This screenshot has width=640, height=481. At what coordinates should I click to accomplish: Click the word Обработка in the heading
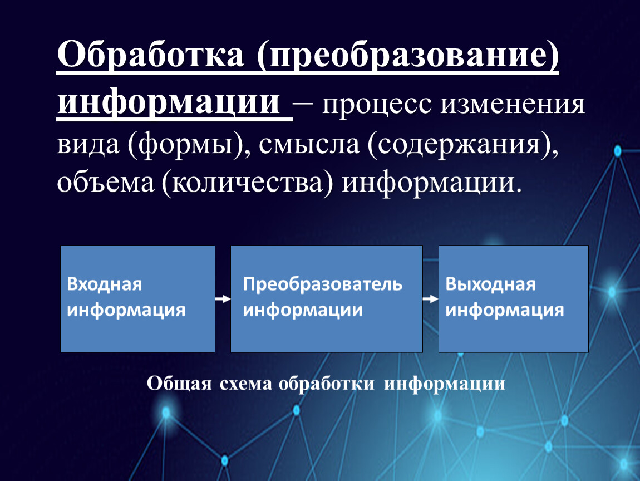(x=151, y=54)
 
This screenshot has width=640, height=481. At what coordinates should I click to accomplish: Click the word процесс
(x=377, y=105)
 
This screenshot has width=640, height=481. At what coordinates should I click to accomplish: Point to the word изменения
(x=513, y=105)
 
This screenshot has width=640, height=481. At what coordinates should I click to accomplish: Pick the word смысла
(x=309, y=145)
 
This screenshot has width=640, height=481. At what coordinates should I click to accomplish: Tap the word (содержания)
(x=462, y=145)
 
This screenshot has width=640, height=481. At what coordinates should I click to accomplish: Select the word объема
(x=106, y=183)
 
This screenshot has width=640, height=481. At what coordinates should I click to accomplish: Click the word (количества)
(x=247, y=183)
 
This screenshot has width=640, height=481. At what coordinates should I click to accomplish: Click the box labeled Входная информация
(x=137, y=299)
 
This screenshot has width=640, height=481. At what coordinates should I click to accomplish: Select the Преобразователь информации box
(x=327, y=299)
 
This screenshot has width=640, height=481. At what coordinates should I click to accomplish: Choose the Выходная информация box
(x=514, y=299)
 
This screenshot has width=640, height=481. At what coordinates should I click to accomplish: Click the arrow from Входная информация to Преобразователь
(x=223, y=300)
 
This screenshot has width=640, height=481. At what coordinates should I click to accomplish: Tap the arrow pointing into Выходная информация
(x=431, y=300)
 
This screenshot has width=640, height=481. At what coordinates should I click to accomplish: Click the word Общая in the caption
(x=179, y=384)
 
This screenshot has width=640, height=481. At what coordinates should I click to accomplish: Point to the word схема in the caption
(x=245, y=384)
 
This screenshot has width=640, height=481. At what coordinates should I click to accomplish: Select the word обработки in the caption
(x=327, y=384)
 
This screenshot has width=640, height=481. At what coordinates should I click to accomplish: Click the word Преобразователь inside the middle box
(x=322, y=284)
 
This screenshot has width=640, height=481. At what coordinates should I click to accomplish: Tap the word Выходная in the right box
(x=490, y=284)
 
